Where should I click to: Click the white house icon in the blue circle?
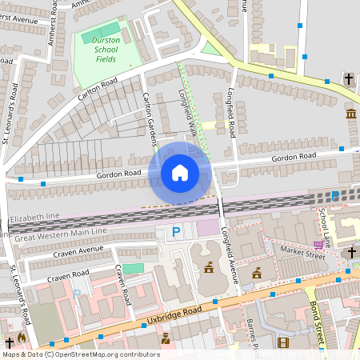180,172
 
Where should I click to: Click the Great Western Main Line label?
59,232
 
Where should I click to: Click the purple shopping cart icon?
318,245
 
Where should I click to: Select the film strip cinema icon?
282,342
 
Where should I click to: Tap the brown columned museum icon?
351,114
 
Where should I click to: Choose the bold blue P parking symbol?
176,233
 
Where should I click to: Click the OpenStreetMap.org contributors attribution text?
104,354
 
